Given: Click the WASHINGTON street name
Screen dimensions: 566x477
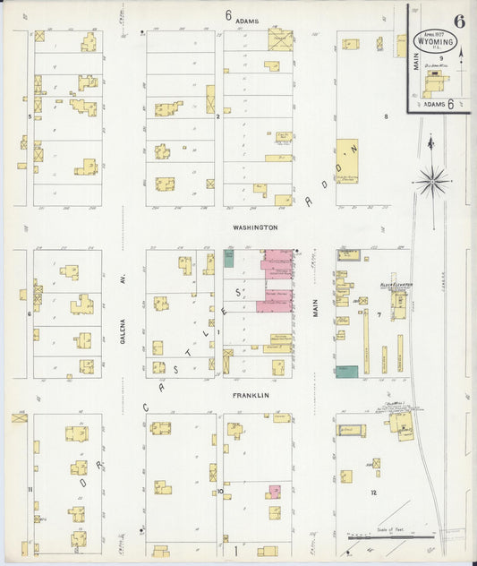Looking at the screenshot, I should [255, 227].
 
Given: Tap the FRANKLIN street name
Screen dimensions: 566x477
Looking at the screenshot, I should [251, 394].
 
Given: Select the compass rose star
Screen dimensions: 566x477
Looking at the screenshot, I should [433, 181].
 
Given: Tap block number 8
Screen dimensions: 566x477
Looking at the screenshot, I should [387, 116].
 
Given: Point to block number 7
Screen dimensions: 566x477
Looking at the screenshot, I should [379, 314].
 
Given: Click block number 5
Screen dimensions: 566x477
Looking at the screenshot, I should [30, 116].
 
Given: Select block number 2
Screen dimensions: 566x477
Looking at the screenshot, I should [217, 116].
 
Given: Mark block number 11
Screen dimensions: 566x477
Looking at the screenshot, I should [30, 489].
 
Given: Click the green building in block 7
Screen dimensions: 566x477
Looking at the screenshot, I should [347, 371].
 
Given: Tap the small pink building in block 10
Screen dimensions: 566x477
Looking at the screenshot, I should [275, 492].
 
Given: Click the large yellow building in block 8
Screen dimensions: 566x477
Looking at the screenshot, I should [346, 160].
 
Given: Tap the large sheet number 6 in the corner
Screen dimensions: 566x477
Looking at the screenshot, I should [459, 21].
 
